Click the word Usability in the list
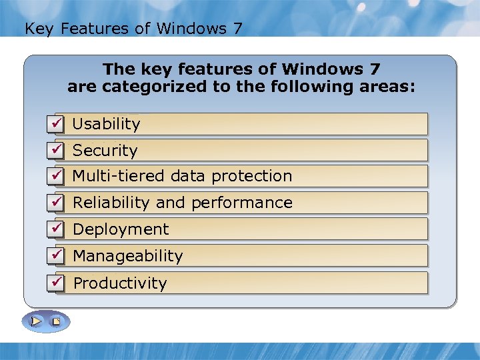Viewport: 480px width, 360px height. tap(106, 124)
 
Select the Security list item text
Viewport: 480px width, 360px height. tap(105, 151)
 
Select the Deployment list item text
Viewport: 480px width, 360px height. tap(121, 229)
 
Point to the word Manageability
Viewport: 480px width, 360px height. tap(127, 256)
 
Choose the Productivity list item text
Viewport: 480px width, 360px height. tap(120, 283)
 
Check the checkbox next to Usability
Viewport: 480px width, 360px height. tap(57, 123)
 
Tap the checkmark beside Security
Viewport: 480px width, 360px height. tap(57, 150)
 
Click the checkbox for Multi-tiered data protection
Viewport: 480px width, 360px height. tap(57, 176)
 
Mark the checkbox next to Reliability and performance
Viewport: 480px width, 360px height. tap(57, 202)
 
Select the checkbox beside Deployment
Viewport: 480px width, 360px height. tap(57, 229)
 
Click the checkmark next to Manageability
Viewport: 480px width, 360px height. tap(57, 255)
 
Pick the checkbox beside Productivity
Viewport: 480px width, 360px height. tap(57, 283)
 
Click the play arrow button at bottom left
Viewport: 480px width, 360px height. tap(37, 321)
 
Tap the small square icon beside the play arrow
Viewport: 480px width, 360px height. tap(57, 322)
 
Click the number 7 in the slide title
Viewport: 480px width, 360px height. tap(238, 29)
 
